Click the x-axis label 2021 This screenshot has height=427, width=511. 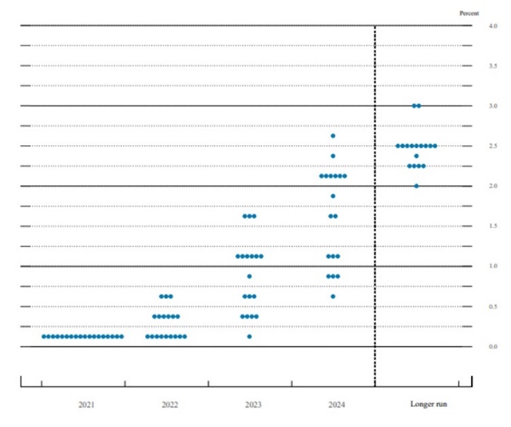pyautogui.click(x=86, y=405)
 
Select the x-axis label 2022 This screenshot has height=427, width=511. pyautogui.click(x=170, y=405)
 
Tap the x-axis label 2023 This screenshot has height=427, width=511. pyautogui.click(x=253, y=405)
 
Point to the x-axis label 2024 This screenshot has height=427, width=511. pyautogui.click(x=337, y=405)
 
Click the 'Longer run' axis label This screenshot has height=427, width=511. pyautogui.click(x=428, y=404)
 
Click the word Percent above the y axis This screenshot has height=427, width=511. pyautogui.click(x=469, y=14)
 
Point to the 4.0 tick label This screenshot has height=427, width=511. pyautogui.click(x=493, y=26)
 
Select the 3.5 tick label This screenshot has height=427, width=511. pyautogui.click(x=493, y=66)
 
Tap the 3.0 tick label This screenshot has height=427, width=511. pyautogui.click(x=493, y=106)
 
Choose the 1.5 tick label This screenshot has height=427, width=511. pyautogui.click(x=493, y=226)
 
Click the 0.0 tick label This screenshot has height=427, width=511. pyautogui.click(x=493, y=347)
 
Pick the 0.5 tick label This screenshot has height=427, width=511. pyautogui.click(x=493, y=307)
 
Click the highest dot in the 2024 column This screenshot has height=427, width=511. pyautogui.click(x=333, y=136)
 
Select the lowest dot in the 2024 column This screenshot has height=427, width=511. pyautogui.click(x=333, y=296)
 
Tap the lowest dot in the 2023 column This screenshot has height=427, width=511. pyautogui.click(x=249, y=336)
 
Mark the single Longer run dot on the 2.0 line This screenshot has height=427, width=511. pyautogui.click(x=416, y=186)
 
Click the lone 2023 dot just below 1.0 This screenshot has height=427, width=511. pyautogui.click(x=249, y=277)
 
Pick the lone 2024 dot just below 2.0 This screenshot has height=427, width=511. pyautogui.click(x=333, y=196)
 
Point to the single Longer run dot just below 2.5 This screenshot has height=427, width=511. pyautogui.click(x=416, y=156)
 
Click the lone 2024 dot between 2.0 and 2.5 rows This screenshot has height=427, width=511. pyautogui.click(x=333, y=156)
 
